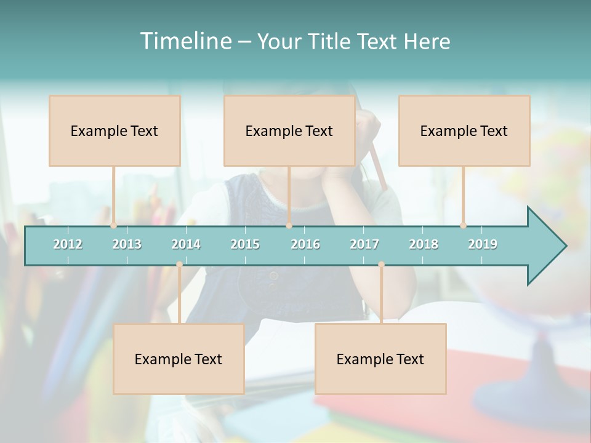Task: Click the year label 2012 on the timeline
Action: pos(68,244)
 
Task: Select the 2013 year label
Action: pos(127,244)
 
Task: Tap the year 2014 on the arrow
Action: pos(186,244)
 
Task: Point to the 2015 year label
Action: pos(245,244)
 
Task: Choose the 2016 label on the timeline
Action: pos(305,244)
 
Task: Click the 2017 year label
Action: pos(364,244)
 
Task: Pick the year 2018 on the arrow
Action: pos(424,244)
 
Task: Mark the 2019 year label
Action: pos(483,244)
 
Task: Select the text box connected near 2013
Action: pos(115,130)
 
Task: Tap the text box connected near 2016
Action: pos(289,130)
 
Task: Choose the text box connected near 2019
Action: pos(464,130)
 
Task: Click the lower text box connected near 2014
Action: pos(179,359)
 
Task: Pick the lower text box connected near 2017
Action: pos(380,359)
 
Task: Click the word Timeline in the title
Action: pos(185,41)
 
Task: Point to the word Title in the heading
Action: pos(331,41)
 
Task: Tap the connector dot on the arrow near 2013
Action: pos(113,225)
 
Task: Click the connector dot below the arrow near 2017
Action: pos(381,265)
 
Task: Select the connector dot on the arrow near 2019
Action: pos(463,225)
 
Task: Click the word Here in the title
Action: pos(427,41)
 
